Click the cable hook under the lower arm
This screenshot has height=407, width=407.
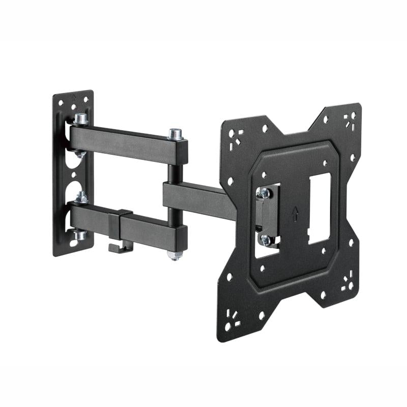click(x=117, y=247)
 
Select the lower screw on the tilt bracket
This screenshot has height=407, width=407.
click(x=265, y=239)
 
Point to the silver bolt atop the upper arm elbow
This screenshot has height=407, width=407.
click(x=176, y=134)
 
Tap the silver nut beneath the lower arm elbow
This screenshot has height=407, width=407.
click(x=175, y=254)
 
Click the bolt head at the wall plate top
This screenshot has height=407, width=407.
click(x=80, y=120)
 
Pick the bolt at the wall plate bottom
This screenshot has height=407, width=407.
click(x=80, y=235)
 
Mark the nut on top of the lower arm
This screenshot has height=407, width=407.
click(x=81, y=197)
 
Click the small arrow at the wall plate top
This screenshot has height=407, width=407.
click(x=74, y=95)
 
